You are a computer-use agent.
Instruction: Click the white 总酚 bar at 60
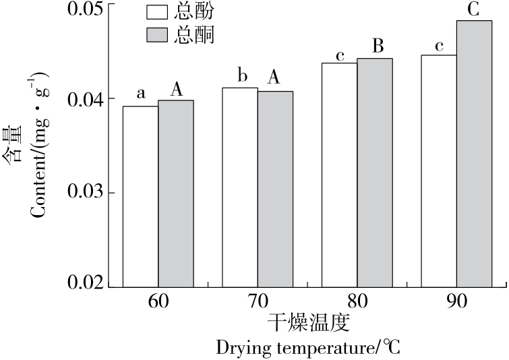click(x=140, y=197)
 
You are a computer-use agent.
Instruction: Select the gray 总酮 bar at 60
click(x=176, y=194)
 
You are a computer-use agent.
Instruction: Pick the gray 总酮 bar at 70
click(x=275, y=189)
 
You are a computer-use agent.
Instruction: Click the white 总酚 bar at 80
click(x=339, y=175)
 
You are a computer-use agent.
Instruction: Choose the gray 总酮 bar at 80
click(x=374, y=173)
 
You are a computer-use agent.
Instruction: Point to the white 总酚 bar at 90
click(x=439, y=171)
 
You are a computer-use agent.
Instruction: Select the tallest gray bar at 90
click(x=474, y=154)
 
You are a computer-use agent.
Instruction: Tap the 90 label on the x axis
click(x=456, y=303)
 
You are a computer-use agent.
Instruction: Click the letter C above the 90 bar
click(x=474, y=9)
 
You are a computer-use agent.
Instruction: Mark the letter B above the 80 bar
click(x=378, y=47)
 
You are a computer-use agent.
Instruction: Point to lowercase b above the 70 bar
click(x=240, y=75)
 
